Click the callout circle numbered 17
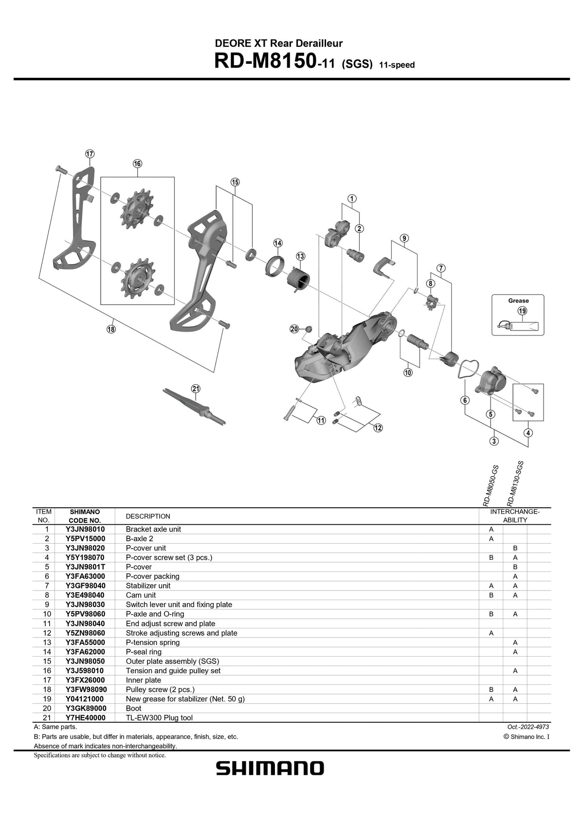pyautogui.click(x=90, y=154)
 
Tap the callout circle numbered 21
pyautogui.click(x=196, y=388)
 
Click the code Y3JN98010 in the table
pyautogui.click(x=85, y=529)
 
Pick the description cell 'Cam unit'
pyautogui.click(x=141, y=595)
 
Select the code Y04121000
pyautogui.click(x=85, y=699)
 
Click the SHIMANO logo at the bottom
pyautogui.click(x=270, y=769)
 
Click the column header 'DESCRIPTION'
pyautogui.click(x=148, y=516)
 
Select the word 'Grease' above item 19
pyautogui.click(x=518, y=301)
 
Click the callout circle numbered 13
pyautogui.click(x=300, y=256)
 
